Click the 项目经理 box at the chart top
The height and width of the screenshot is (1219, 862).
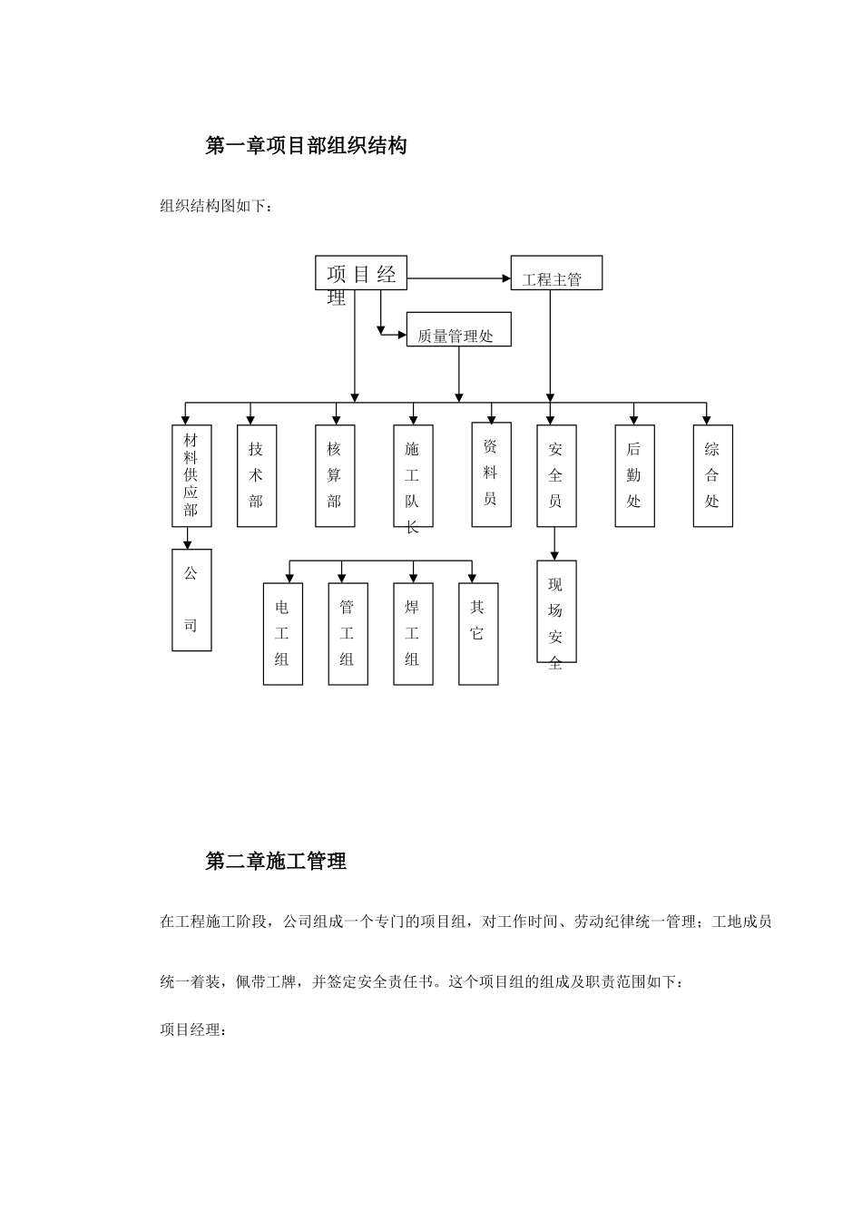pos(361,273)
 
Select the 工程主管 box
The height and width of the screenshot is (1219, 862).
pos(556,272)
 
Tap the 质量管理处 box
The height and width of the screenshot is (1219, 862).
pos(458,329)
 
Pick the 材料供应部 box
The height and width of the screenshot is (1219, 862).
pos(191,476)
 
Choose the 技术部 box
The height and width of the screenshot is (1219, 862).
pos(257,476)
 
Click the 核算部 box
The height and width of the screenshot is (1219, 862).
pos(335,476)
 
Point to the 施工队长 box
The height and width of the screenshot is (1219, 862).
pos(413,476)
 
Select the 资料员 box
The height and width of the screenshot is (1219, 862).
pos(491,474)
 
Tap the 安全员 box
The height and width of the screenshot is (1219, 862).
pos(556,476)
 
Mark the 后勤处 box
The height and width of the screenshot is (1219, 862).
pos(634,476)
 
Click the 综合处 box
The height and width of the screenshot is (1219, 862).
pos(712,476)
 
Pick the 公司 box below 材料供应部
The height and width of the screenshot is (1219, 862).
pos(191,600)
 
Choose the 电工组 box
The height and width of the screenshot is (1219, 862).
pos(282,634)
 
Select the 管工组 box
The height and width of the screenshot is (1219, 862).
pos(348,634)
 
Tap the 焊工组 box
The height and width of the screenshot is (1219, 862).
pos(413,634)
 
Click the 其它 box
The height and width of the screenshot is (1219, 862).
pos(478,634)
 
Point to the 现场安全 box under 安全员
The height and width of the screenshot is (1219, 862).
pos(556,611)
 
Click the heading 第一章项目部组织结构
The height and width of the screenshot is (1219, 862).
pos(306,145)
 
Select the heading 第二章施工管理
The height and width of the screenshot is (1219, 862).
pos(276,861)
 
